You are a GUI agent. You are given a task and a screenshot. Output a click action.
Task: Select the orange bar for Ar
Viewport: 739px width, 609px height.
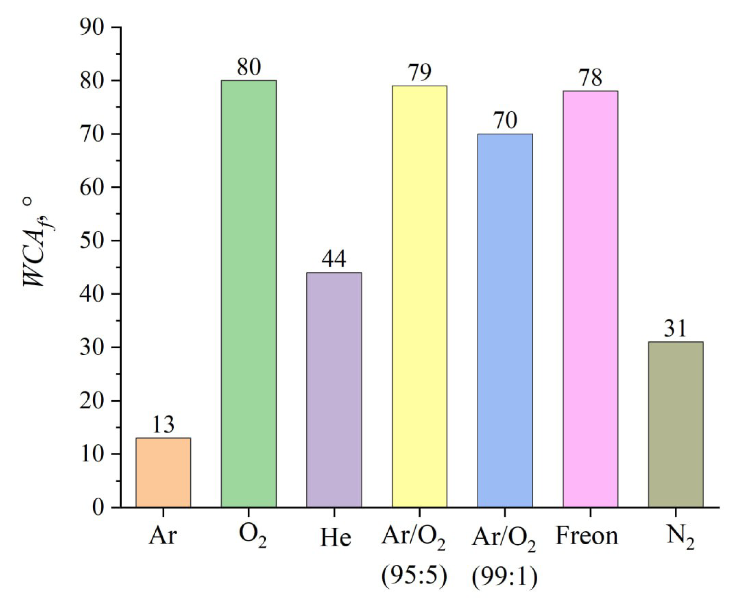coord(163,472)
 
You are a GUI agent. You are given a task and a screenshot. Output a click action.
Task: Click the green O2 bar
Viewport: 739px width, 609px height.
coord(249,294)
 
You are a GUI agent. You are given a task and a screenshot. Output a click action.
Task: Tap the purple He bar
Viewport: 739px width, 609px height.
coord(334,390)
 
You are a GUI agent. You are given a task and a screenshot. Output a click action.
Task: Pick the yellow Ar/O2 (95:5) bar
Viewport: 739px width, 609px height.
coord(419,296)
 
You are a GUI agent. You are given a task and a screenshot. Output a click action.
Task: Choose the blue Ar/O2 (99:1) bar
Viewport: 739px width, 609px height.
coord(505,320)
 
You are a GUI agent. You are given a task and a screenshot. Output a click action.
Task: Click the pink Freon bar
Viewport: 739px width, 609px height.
coord(590,299)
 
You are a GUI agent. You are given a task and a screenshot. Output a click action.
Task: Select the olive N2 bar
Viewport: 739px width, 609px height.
coord(675,424)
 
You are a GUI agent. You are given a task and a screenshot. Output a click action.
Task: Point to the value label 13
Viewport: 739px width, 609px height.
coord(163,425)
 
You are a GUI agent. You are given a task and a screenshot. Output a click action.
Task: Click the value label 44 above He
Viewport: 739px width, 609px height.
coord(334,259)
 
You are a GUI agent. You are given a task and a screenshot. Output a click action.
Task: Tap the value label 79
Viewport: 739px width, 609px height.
coord(420,72)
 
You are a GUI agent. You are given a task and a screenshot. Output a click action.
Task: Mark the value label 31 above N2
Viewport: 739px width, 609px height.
coord(675,328)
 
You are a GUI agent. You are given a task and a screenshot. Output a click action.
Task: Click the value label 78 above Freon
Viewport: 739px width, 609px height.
coord(590,77)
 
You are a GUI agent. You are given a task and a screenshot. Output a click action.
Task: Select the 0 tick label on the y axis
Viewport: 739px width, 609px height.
coord(98,508)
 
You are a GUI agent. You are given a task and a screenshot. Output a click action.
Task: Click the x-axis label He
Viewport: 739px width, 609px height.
coord(335,538)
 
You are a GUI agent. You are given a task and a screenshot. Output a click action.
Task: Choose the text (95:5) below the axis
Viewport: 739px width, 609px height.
coord(414,576)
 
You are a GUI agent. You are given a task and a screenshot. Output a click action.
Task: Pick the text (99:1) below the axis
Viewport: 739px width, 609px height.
coord(504,577)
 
